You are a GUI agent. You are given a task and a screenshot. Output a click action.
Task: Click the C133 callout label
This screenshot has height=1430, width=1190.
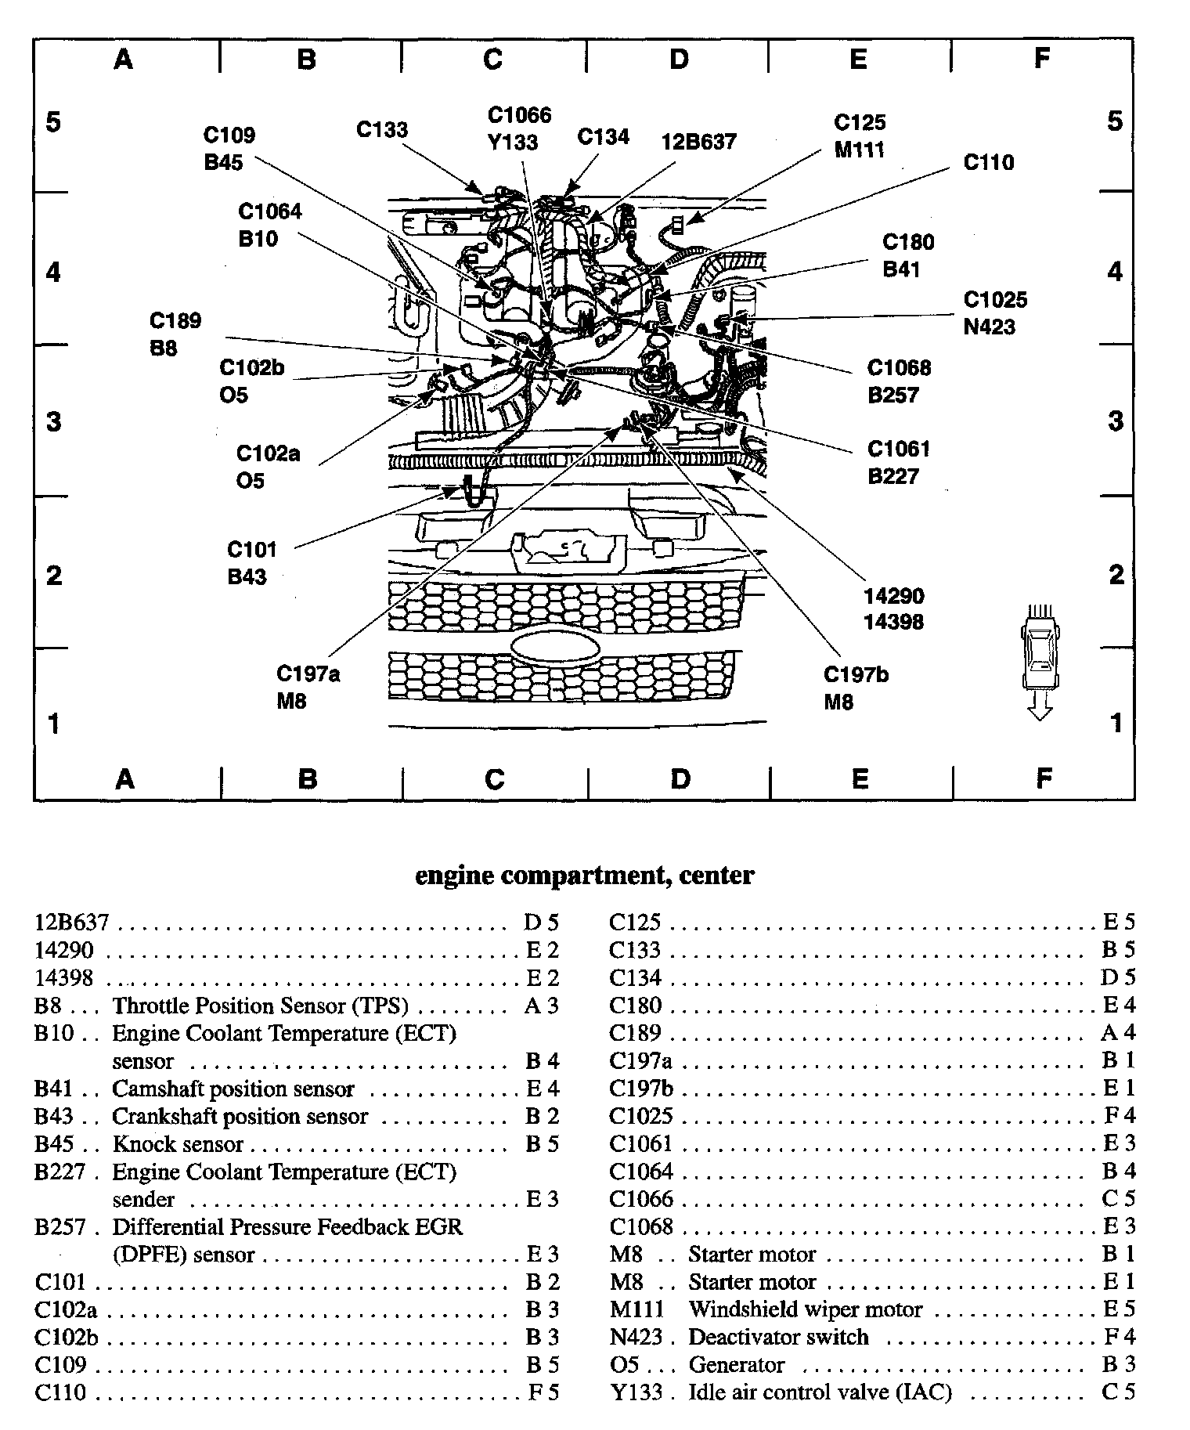[382, 129]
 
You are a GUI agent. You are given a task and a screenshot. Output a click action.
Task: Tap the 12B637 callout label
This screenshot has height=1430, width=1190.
[698, 141]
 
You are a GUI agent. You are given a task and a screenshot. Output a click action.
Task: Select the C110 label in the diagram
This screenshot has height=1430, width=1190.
[988, 162]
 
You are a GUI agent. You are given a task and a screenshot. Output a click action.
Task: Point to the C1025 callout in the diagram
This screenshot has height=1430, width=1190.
[994, 300]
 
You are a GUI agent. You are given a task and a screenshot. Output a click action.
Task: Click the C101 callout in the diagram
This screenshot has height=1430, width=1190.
[252, 549]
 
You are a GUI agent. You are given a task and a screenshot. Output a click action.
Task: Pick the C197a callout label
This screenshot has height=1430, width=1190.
[308, 673]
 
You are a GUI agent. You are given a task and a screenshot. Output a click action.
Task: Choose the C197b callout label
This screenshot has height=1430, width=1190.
[856, 674]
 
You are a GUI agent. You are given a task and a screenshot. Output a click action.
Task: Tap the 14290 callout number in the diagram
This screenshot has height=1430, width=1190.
[893, 596]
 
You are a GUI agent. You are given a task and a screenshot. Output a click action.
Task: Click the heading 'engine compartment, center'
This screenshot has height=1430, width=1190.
[584, 875]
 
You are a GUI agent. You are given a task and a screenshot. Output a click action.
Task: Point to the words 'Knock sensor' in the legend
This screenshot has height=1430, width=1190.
[178, 1144]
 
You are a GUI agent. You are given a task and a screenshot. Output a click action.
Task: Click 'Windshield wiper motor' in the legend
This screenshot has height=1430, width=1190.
[805, 1309]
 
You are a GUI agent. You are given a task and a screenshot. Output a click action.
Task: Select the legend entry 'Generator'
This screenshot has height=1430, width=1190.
[736, 1365]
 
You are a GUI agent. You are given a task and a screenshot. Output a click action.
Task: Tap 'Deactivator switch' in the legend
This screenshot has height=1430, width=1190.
[778, 1337]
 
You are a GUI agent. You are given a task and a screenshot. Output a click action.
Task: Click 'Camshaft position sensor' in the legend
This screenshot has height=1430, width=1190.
[233, 1089]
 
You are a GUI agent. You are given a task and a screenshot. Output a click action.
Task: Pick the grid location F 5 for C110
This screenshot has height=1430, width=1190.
[541, 1392]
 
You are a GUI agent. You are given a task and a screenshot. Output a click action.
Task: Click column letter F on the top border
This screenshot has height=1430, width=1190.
[1041, 59]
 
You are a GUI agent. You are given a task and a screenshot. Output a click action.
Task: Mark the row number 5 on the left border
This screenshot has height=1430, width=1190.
[53, 123]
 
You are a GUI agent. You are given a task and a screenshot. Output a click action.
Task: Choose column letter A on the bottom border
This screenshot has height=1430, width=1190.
[124, 778]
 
